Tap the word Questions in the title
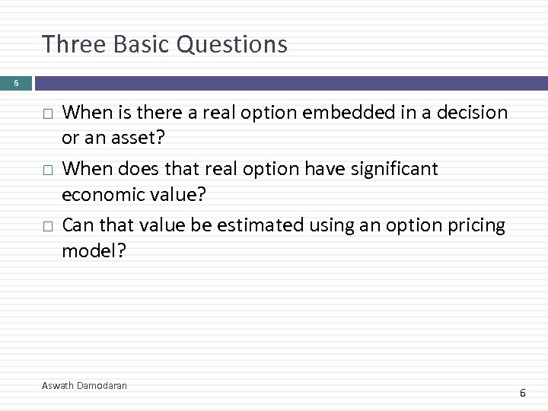pyautogui.click(x=231, y=44)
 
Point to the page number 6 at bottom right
pyautogui.click(x=522, y=393)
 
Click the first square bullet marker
pyautogui.click(x=47, y=113)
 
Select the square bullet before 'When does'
pyautogui.click(x=47, y=170)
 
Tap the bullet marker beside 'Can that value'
pyautogui.click(x=47, y=226)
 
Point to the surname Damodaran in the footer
pyautogui.click(x=103, y=386)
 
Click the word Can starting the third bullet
pyautogui.click(x=76, y=225)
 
